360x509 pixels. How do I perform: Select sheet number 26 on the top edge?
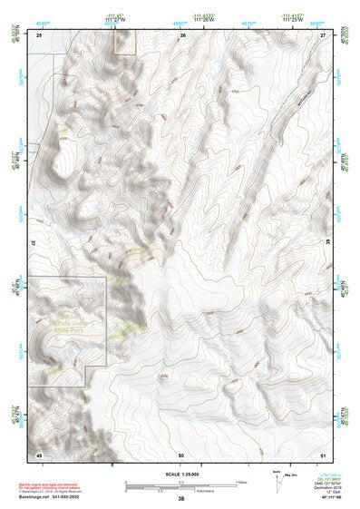pyautogui.click(x=182, y=34)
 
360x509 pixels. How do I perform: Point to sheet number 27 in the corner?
pyautogui.click(x=323, y=34)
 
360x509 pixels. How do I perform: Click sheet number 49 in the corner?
pyautogui.click(x=39, y=453)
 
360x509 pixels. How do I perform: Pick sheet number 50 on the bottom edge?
pyautogui.click(x=181, y=453)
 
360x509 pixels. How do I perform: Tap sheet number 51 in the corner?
pyautogui.click(x=323, y=453)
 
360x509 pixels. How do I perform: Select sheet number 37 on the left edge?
pyautogui.click(x=34, y=244)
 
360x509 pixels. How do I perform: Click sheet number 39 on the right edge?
pyautogui.click(x=328, y=244)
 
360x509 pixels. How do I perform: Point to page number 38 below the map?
pyautogui.click(x=181, y=499)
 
